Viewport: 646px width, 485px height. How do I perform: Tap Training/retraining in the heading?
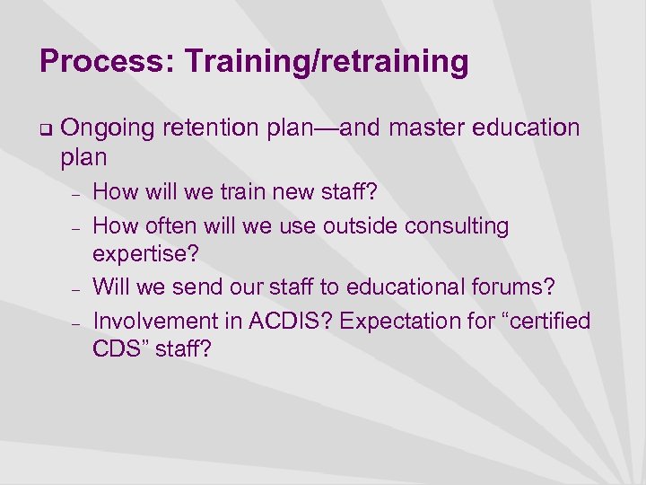pos(327,62)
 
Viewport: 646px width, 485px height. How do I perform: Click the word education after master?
pos(531,128)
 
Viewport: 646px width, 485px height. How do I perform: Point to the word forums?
pos(521,287)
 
